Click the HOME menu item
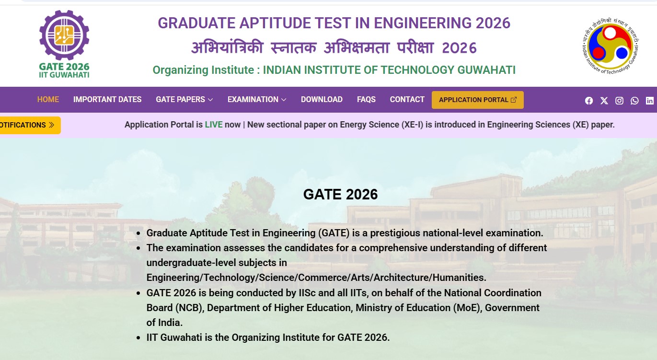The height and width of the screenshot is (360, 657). point(48,99)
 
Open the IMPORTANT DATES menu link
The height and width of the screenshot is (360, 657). point(107,99)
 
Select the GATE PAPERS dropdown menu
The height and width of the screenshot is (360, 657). point(184,99)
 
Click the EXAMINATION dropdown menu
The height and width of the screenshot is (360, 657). point(257,99)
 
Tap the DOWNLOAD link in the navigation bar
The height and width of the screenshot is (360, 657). point(322,99)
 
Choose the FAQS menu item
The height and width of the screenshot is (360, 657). point(366,99)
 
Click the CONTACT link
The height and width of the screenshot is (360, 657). point(407,99)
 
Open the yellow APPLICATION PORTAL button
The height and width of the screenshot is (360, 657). point(477,100)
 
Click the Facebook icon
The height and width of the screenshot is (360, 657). point(588,101)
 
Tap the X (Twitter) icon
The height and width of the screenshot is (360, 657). point(604,101)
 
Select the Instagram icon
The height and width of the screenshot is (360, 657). point(619,101)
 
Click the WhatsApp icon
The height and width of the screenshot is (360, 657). point(634,101)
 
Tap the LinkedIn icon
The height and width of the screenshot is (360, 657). point(650,101)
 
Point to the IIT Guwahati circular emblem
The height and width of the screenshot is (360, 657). point(611,46)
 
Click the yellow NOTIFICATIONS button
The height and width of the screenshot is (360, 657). point(29,125)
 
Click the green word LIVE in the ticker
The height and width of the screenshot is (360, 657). point(214,125)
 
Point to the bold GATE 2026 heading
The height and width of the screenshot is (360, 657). point(340,194)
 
